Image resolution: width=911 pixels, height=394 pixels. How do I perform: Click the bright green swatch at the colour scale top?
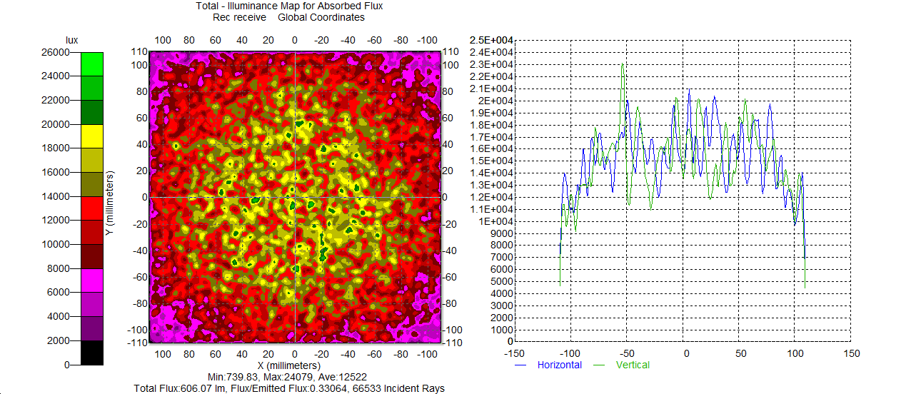coord(91,64)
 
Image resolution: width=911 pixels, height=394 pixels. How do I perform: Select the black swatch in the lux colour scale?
coord(91,353)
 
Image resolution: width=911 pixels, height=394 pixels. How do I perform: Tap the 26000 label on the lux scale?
coord(55,52)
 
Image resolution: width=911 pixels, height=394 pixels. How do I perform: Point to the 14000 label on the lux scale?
coord(55,196)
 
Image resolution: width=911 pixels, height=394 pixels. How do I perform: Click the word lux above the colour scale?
coord(71,40)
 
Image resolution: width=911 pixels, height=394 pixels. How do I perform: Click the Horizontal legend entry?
coord(559,365)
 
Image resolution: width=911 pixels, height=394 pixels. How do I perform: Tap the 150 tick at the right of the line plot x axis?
coord(851,353)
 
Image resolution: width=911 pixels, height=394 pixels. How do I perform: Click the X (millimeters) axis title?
coord(295,365)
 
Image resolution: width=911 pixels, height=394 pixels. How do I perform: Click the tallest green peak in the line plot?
coord(623,65)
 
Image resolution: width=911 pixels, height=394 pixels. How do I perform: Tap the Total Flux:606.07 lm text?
coord(176,388)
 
